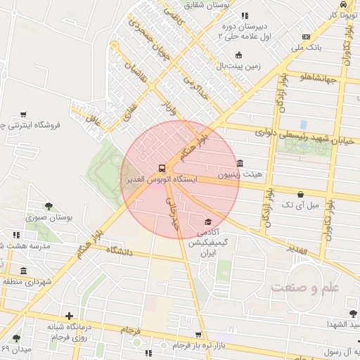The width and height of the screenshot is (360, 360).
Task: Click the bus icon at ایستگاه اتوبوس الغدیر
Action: [162, 168]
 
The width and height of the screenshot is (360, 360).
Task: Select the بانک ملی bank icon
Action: [305, 37]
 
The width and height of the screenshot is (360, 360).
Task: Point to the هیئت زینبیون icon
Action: [240, 162]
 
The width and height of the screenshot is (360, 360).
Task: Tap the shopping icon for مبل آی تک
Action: [301, 194]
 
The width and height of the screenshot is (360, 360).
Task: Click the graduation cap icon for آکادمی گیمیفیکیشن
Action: [207, 221]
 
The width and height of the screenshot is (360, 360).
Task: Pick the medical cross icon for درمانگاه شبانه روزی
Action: [69, 316]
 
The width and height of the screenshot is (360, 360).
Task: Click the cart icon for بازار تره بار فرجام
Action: [198, 334]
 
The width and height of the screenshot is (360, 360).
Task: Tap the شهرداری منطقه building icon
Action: [25, 271]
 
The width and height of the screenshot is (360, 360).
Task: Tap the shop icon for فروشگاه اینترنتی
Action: [24, 114]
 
